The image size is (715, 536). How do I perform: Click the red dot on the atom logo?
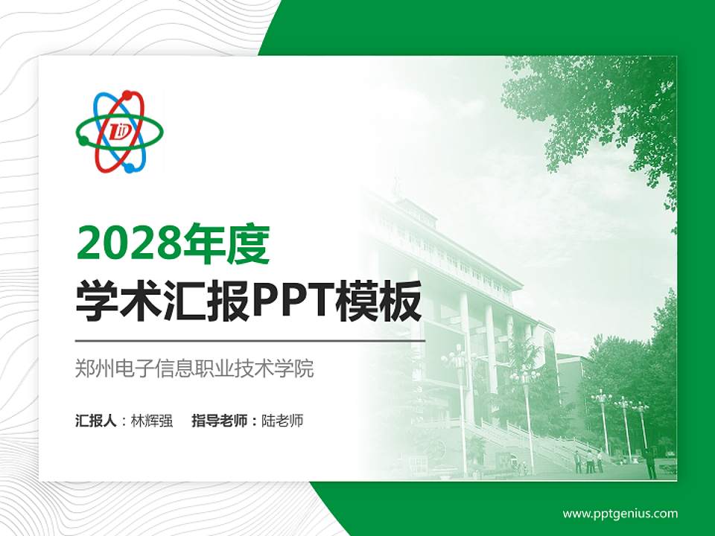pyautogui.click(x=127, y=95)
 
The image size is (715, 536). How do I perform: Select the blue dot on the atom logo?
pyautogui.click(x=130, y=168)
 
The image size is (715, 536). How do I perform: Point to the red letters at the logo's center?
pyautogui.click(x=120, y=133)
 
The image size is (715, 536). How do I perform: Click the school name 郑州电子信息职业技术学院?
pyautogui.click(x=194, y=368)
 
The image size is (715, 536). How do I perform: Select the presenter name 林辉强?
pyautogui.click(x=152, y=421)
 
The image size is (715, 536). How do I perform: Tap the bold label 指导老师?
pyautogui.click(x=221, y=421)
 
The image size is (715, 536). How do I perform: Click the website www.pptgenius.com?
pyautogui.click(x=620, y=514)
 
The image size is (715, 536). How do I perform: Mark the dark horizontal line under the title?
pyautogui.click(x=250, y=340)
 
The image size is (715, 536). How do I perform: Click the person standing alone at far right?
pyautogui.click(x=650, y=463)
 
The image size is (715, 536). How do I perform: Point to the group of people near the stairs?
pyautogui.click(x=588, y=460)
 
